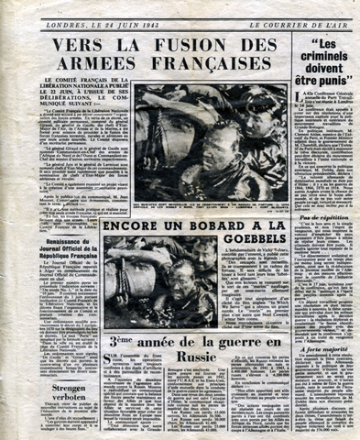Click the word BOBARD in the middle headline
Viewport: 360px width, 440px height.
coord(186,225)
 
